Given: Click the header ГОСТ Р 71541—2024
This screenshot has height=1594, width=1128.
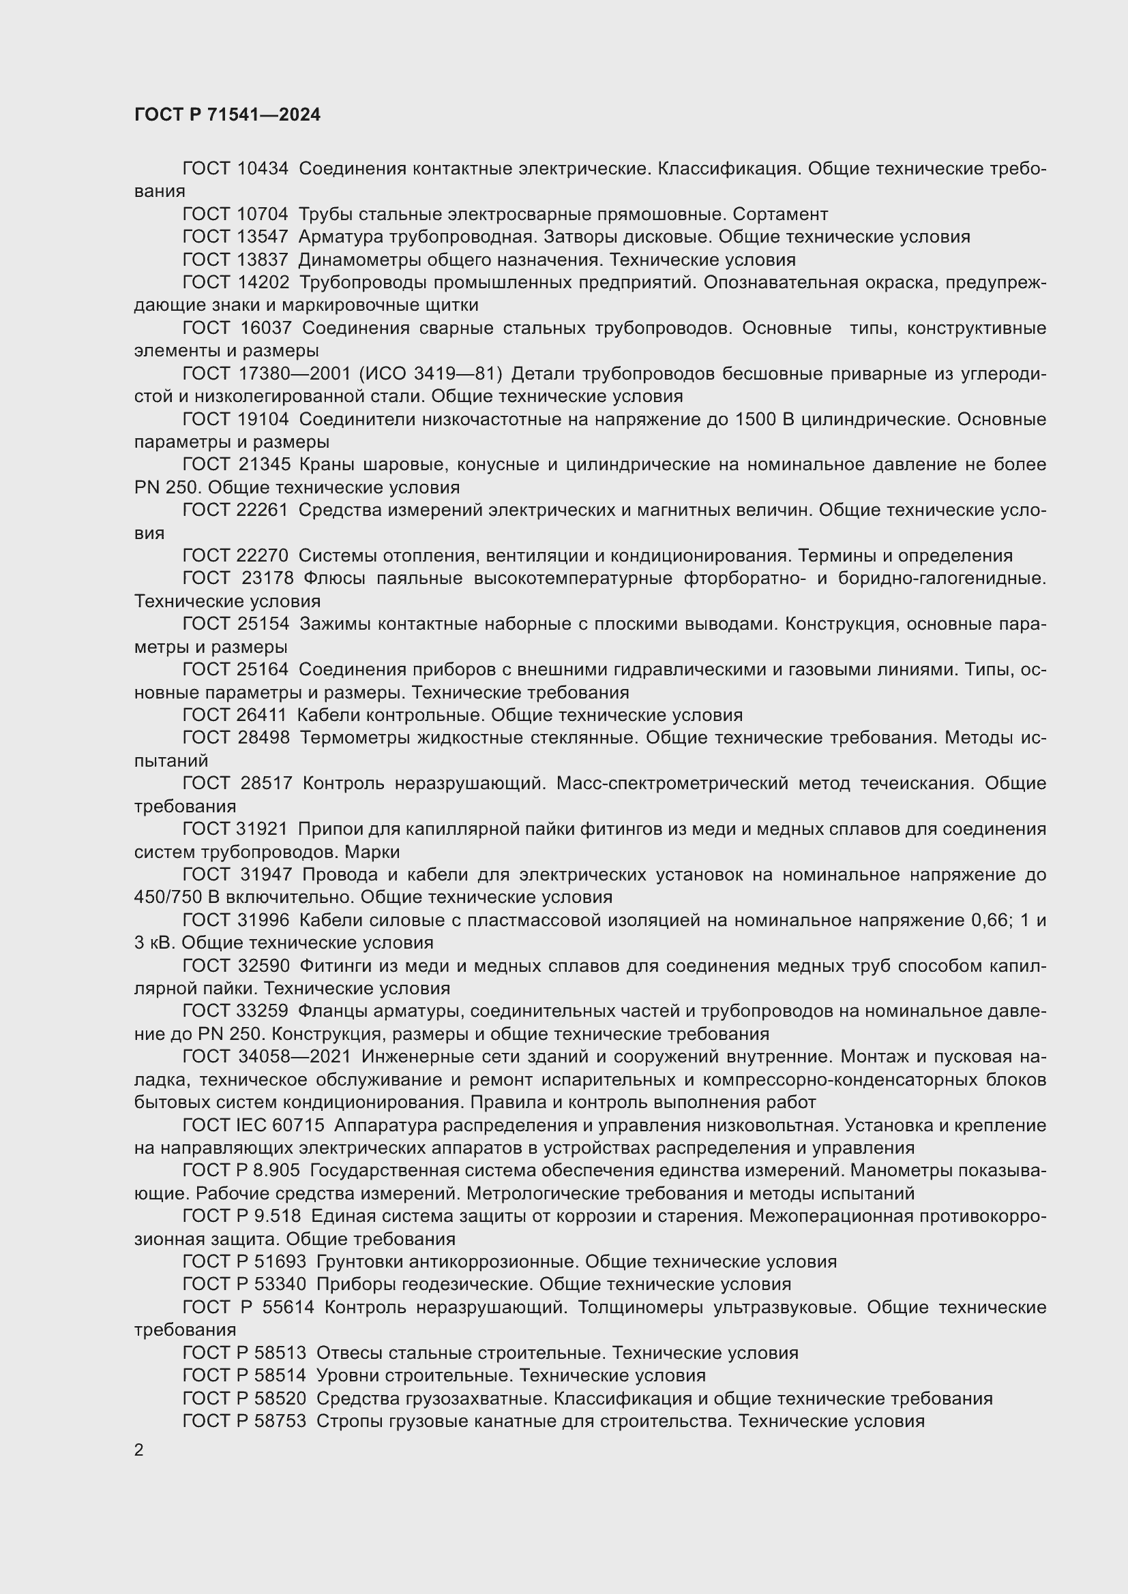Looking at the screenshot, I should click(227, 115).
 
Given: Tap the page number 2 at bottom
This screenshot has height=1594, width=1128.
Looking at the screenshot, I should click(139, 1450).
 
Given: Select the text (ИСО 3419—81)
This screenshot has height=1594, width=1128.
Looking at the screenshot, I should click(430, 373).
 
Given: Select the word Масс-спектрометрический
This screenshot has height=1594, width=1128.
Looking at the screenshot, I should click(672, 783).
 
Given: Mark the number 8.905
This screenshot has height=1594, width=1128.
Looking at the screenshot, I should click(276, 1171).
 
